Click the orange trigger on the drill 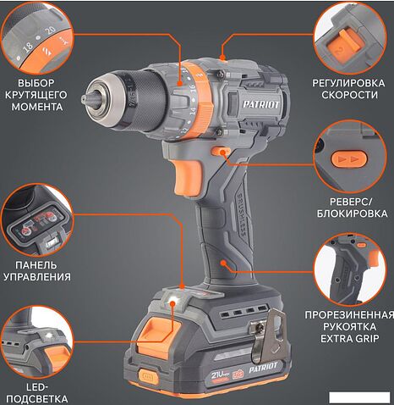189,177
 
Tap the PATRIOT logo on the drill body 261,104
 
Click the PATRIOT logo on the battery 263,368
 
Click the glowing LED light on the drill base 172,301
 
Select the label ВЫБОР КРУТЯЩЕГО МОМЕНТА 36,95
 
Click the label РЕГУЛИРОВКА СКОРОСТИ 348,89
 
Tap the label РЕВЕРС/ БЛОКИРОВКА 352,208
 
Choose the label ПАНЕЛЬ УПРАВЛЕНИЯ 37,271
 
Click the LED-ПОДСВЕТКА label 37,393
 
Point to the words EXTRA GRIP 349,338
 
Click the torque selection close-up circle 37,38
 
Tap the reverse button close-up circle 350,157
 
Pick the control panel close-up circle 37,219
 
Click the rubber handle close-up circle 350,269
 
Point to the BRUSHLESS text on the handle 241,214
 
